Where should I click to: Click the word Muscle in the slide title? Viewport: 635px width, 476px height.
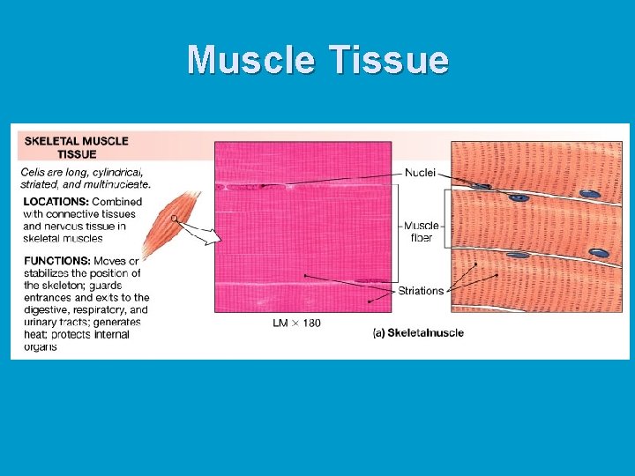pos(252,60)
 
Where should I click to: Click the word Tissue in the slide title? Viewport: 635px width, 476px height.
pos(389,60)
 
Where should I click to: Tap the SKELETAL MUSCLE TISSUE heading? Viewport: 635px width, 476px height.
pos(76,147)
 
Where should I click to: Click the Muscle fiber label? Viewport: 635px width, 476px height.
pos(421,231)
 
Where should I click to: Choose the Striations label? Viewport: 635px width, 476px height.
pos(421,291)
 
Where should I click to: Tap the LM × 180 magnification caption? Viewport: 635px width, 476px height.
pos(296,324)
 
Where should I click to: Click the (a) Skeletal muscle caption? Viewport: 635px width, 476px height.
pos(418,333)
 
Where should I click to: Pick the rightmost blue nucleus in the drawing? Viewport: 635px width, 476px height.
pos(600,253)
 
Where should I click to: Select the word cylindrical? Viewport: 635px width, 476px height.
pos(114,172)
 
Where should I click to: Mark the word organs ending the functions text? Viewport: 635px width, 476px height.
pos(41,346)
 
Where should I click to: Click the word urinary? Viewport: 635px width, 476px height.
pos(41,323)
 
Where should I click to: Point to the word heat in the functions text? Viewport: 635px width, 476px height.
pos(37,335)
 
